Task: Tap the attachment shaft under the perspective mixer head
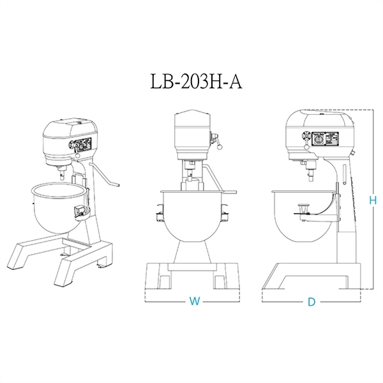pos(61,171)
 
